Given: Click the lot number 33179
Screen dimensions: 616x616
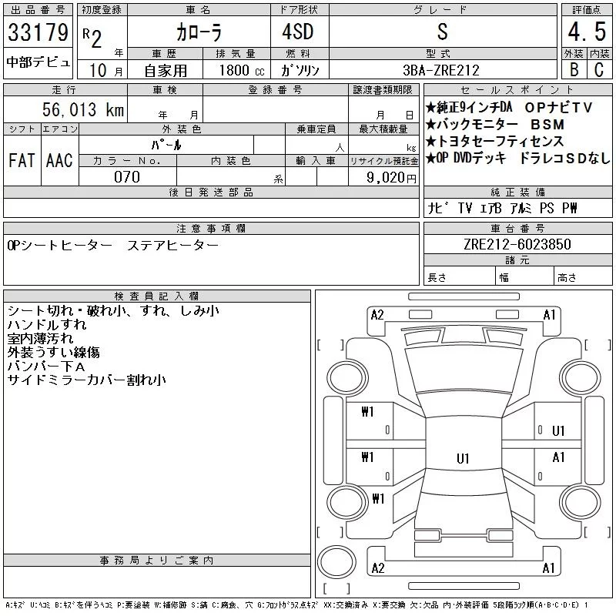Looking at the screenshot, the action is (38, 32).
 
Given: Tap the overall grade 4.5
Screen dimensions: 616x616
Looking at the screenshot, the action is (587, 32).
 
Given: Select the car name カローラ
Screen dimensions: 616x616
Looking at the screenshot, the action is (199, 32).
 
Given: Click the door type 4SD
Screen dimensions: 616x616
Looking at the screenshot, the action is (298, 32).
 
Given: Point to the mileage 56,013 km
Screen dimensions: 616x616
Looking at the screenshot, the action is (83, 109).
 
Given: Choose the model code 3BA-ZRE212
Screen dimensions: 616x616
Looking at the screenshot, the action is (441, 70).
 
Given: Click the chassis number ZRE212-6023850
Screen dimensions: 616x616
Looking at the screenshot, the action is (517, 244).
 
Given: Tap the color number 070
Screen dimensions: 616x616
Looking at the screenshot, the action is (127, 177).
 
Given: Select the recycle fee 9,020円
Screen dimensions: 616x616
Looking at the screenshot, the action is (391, 178).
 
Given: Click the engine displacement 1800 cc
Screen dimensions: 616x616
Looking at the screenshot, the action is (242, 70).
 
